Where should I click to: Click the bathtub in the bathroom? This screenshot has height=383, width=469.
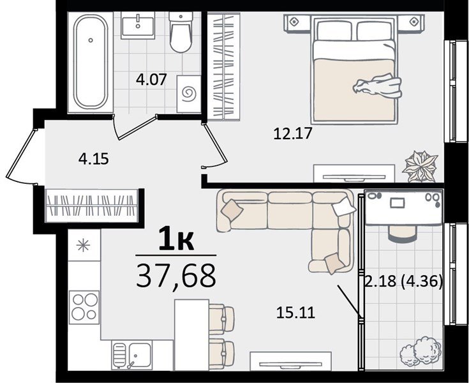91,62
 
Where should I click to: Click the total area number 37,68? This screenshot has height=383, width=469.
176,276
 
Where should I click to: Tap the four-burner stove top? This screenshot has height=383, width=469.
84,306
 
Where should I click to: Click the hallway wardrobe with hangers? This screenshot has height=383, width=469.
93,206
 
